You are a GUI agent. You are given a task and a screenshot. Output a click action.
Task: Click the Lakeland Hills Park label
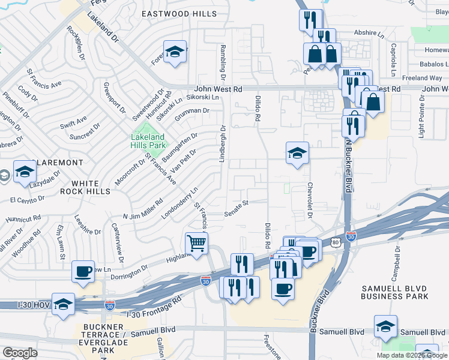147,140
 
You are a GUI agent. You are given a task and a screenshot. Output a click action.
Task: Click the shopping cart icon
196,244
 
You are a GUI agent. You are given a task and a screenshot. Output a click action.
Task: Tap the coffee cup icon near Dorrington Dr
83,271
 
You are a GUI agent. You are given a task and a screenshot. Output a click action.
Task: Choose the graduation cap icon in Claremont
25,172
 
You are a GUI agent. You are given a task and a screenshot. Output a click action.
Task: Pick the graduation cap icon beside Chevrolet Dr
297,153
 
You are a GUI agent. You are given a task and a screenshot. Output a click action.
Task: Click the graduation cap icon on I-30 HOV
63,304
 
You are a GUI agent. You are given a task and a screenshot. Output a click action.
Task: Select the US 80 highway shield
334,241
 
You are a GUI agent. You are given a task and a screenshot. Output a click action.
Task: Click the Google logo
20,353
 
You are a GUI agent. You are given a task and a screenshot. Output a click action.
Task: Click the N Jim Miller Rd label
143,209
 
